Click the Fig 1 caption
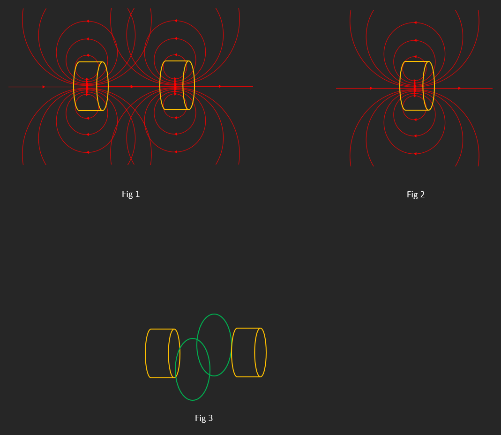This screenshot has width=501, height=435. [x=131, y=194]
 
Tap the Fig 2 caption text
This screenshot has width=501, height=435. [x=416, y=195]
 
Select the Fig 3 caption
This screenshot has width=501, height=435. [x=204, y=418]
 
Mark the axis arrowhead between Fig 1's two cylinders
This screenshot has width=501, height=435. [x=132, y=87]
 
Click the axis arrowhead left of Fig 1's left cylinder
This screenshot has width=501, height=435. [x=44, y=87]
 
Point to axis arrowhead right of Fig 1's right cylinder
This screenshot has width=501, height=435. [x=220, y=86]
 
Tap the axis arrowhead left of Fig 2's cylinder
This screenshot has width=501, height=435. [x=372, y=88]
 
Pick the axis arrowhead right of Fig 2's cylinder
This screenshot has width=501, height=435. [x=460, y=88]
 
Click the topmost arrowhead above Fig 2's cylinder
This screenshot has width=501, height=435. [x=415, y=22]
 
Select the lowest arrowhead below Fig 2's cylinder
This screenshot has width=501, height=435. [x=415, y=153]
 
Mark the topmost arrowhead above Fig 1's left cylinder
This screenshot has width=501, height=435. [x=87, y=22]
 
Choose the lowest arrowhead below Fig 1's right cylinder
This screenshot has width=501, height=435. [x=175, y=152]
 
